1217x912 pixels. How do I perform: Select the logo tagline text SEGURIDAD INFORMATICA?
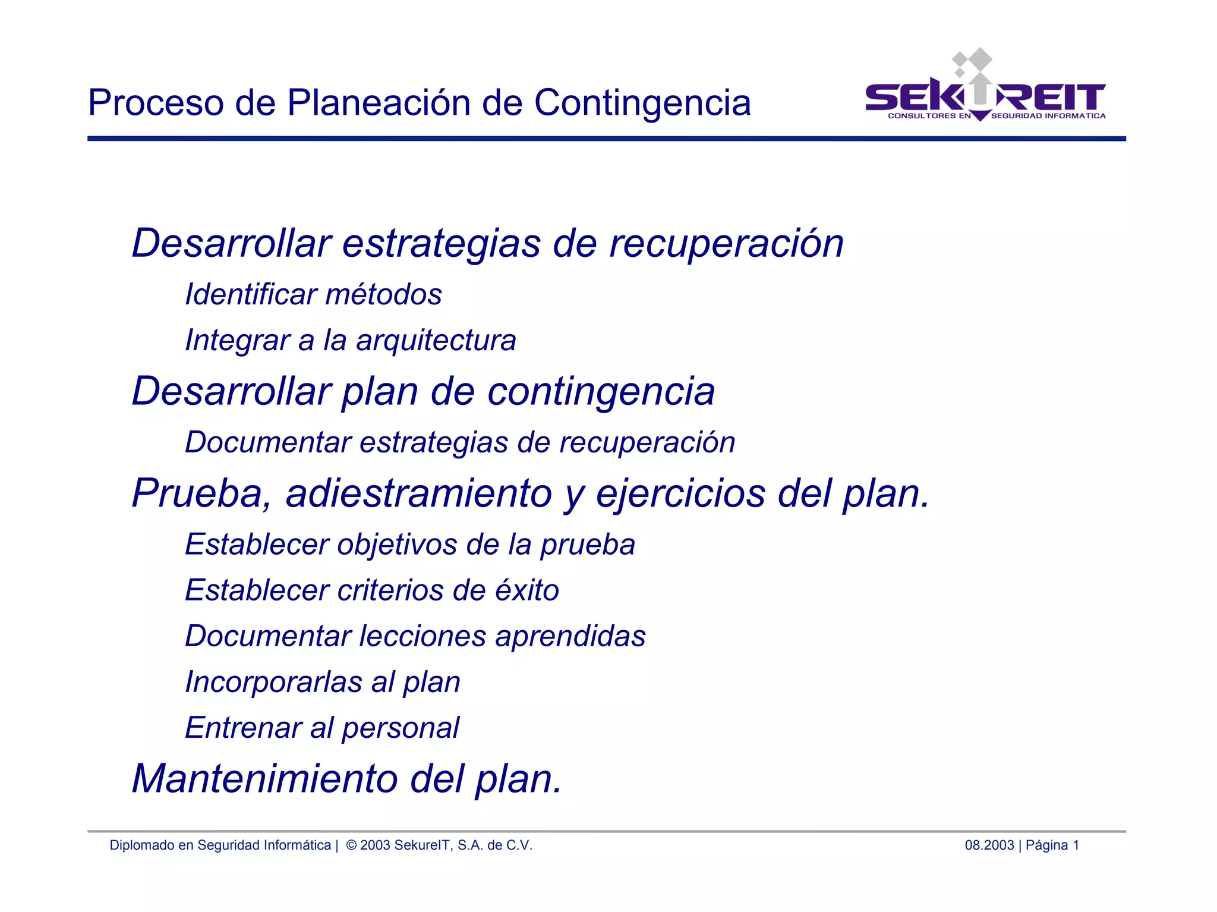1048,116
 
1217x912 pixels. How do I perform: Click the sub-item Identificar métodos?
313,294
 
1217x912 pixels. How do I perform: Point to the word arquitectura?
436,341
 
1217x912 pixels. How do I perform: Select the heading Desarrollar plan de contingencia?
423,391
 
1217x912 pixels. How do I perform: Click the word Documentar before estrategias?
268,442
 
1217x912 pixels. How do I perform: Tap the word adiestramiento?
419,493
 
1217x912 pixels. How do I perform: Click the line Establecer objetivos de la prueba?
410,545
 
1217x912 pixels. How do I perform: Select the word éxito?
527,590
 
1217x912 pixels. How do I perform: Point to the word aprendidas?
570,637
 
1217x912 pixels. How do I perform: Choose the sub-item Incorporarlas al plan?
323,682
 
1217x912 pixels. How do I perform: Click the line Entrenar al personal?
322,728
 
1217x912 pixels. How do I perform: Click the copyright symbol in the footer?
351,845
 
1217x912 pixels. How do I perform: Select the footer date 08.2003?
989,845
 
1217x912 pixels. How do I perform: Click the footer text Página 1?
1052,845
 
